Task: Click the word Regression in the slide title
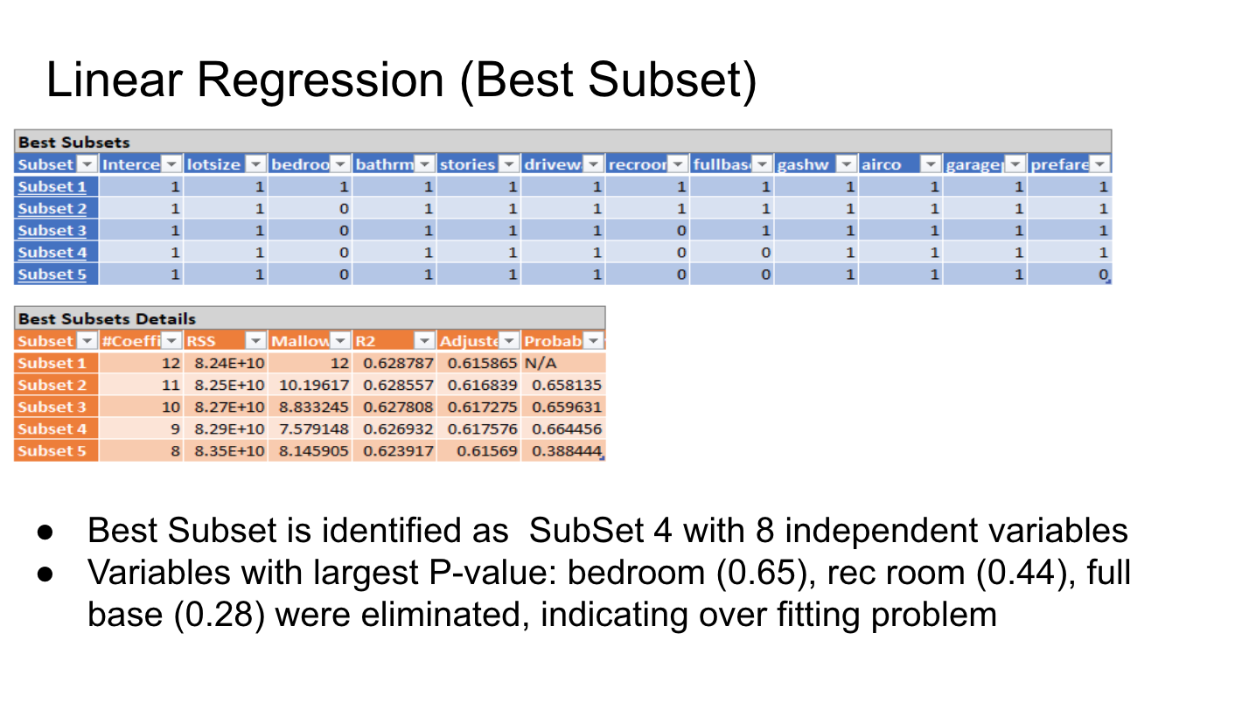[320, 81]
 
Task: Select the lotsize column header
[214, 164]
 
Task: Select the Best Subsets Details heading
[107, 318]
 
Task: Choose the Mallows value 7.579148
[313, 428]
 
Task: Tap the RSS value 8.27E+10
[226, 407]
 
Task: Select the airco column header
[883, 164]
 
